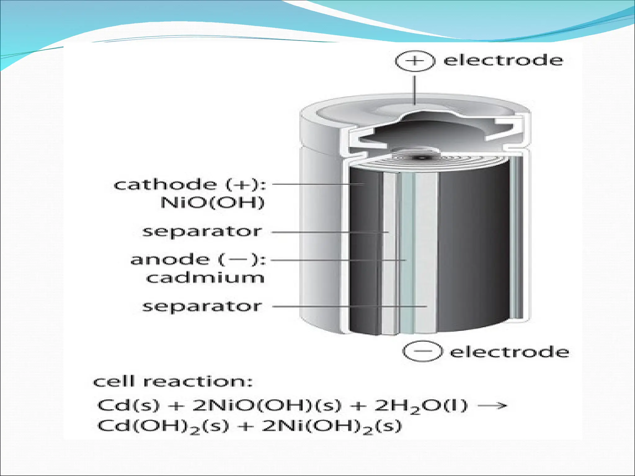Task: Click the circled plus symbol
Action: tap(415, 61)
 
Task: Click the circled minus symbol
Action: tap(422, 351)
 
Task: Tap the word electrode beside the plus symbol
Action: tap(503, 60)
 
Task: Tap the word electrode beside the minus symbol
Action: tap(509, 352)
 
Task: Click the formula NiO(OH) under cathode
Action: tap(212, 203)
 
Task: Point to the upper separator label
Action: tap(202, 231)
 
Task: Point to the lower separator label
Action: tap(202, 306)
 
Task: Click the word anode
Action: tap(170, 260)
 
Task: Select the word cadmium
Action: tap(205, 278)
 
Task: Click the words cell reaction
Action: tap(173, 381)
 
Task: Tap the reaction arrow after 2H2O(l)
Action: tap(492, 405)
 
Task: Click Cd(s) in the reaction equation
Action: tap(128, 405)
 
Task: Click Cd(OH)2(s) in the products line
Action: tap(163, 426)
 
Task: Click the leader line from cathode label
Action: tap(316, 184)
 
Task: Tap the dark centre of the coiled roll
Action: tap(422, 157)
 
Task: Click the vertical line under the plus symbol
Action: tap(415, 90)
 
